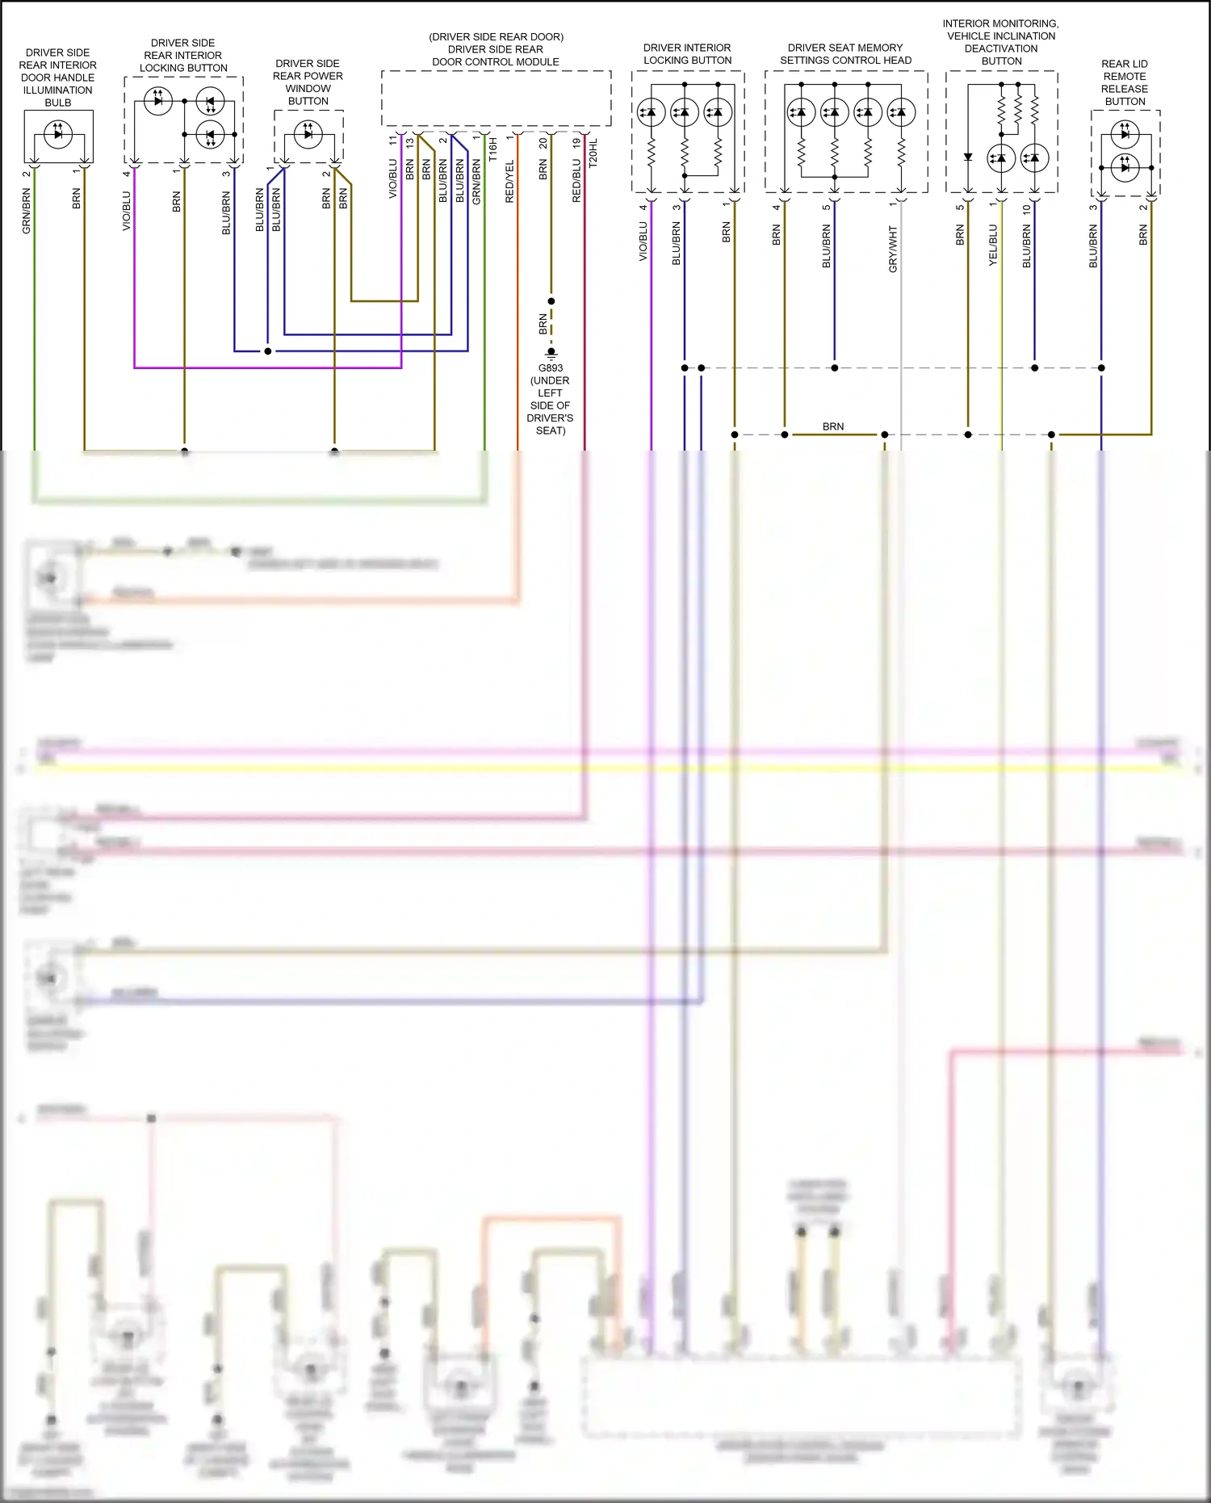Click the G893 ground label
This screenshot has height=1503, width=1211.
(x=551, y=367)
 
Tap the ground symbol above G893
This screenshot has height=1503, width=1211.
(x=551, y=353)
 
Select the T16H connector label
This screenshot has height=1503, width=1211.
(x=492, y=149)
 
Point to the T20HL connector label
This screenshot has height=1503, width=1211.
(x=593, y=153)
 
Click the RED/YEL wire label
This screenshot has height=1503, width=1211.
(x=509, y=182)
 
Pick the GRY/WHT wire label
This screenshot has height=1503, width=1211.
(x=893, y=249)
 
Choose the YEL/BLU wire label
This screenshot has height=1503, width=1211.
(x=993, y=246)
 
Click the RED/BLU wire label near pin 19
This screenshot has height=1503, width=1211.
(x=576, y=180)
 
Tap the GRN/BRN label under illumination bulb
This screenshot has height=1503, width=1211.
(x=27, y=212)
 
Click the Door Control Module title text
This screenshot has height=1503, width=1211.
(x=496, y=49)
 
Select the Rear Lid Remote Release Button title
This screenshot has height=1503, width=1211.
(x=1125, y=82)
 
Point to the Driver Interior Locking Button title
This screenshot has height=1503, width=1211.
(x=687, y=54)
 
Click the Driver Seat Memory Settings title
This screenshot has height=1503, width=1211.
(x=845, y=54)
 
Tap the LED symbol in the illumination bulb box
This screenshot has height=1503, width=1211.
(x=58, y=134)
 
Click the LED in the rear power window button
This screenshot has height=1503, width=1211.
(x=308, y=133)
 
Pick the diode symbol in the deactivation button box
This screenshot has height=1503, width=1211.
(x=968, y=157)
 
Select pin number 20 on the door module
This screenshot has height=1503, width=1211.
(x=543, y=143)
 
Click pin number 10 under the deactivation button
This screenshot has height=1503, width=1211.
(x=1026, y=209)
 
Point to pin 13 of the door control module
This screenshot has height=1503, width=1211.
(x=410, y=143)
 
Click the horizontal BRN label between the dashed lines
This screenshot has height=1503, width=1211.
(x=833, y=426)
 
